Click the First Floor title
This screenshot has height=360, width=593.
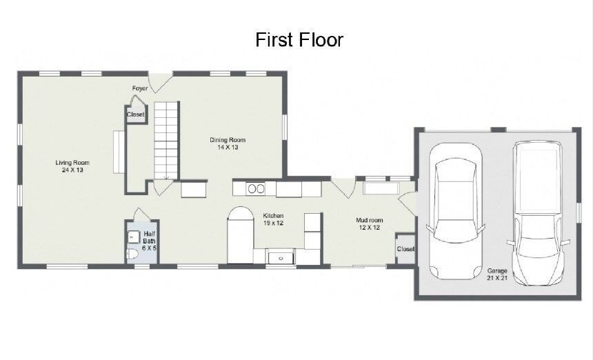pos(299,40)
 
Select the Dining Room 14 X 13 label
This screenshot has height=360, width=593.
pos(228,143)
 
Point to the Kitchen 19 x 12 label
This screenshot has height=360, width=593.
pos(273,219)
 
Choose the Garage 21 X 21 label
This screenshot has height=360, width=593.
pos(497,274)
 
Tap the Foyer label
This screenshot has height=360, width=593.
pos(139,88)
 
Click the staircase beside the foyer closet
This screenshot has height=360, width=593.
pos(166,140)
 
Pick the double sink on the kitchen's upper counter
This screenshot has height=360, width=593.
pos(256,188)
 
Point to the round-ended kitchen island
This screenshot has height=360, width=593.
pos(240,235)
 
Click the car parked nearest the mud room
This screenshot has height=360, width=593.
pos(455,211)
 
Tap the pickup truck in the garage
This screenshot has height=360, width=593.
pos(538,214)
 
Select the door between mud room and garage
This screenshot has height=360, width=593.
pos(408,202)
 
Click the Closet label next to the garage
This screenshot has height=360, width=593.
pos(405,249)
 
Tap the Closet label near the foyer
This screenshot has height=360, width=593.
pos(135,114)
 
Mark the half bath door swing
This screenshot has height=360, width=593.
pos(142,214)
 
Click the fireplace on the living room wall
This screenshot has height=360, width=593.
pos(119,152)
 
